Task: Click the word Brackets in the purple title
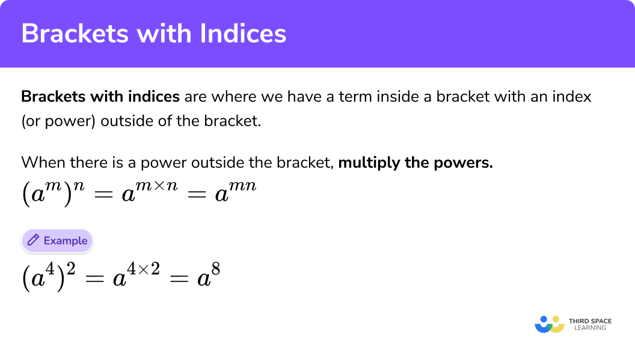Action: coord(75,33)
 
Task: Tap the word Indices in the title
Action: coord(243,33)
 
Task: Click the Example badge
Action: coord(57,241)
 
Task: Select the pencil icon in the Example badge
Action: coord(33,240)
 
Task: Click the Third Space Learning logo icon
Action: coord(550,325)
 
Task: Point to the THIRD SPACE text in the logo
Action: coord(590,321)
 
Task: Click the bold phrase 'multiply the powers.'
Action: coord(416,163)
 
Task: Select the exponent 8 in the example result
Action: coord(215,269)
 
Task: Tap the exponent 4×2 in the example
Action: coord(143,269)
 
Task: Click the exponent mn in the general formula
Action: coord(242,186)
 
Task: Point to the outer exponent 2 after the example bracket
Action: coord(71,269)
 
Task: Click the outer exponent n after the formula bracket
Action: coord(79,186)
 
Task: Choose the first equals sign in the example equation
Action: coord(95,279)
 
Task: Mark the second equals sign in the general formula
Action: coord(197,194)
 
